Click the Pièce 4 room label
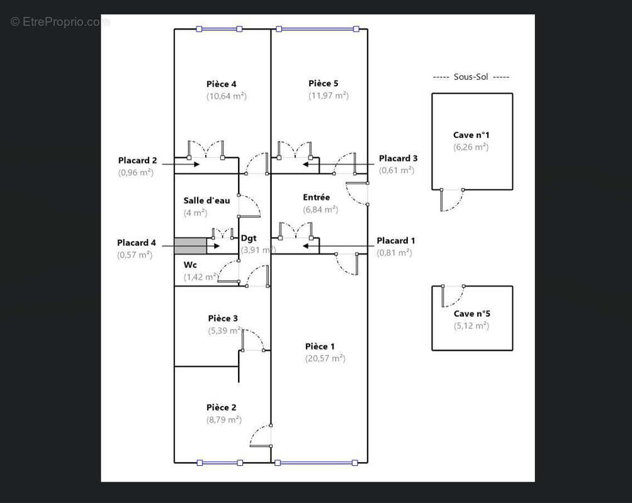[222, 84]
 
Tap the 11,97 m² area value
[329, 96]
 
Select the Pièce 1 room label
[320, 346]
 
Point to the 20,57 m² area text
[325, 358]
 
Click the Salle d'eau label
[206, 201]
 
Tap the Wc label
[190, 265]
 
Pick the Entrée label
[317, 197]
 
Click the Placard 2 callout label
[137, 160]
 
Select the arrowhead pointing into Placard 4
[217, 246]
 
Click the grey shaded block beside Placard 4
[190, 246]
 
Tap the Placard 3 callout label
[398, 158]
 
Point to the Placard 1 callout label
[396, 241]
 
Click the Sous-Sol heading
[471, 77]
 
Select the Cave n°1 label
[471, 135]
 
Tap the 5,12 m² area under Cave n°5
[471, 326]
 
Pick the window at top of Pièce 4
[219, 29]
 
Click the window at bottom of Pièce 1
[316, 463]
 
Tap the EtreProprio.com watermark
[60, 22]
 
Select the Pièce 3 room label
[223, 319]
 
